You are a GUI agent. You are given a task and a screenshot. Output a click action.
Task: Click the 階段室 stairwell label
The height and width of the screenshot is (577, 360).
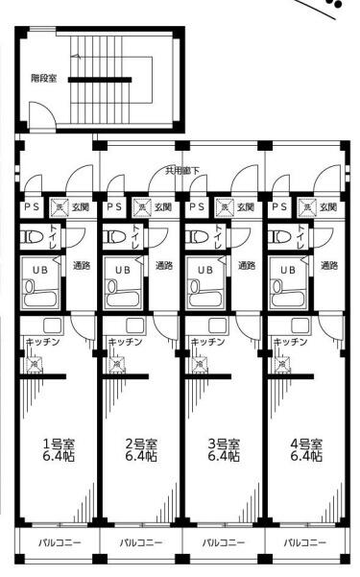click(44, 79)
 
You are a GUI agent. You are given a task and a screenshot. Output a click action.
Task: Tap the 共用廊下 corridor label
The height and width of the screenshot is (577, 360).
click(182, 170)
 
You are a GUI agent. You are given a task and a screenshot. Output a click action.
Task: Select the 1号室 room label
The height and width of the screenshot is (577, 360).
click(60, 444)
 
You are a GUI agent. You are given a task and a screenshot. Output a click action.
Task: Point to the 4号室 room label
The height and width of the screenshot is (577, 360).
click(306, 444)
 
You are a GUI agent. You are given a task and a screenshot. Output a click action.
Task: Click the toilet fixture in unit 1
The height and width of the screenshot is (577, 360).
click(32, 236)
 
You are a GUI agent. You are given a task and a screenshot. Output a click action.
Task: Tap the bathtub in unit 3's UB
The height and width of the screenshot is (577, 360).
click(205, 295)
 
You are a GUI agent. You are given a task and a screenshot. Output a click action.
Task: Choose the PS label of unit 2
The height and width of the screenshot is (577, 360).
click(114, 206)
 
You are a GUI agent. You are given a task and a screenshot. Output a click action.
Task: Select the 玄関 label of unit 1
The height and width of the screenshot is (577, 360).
click(81, 206)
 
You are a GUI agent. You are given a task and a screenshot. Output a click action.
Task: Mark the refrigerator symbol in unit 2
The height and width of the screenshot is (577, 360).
click(117, 365)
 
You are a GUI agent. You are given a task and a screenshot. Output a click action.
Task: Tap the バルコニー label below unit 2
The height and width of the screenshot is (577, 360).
click(141, 542)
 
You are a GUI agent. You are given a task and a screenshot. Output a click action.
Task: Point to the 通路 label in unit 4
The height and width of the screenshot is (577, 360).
click(329, 265)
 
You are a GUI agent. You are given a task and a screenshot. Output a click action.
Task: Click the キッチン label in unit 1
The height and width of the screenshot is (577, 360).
click(42, 342)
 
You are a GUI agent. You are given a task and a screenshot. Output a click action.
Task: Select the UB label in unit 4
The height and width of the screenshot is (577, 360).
click(288, 270)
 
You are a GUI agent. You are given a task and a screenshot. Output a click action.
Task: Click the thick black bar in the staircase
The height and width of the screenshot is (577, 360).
click(100, 80)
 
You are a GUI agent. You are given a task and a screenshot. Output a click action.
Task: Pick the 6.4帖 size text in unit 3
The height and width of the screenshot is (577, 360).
click(225, 456)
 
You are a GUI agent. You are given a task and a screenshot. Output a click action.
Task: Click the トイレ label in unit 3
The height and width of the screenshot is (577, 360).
click(218, 236)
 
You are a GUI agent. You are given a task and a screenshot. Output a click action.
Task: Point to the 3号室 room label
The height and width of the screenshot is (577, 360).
click(225, 444)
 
